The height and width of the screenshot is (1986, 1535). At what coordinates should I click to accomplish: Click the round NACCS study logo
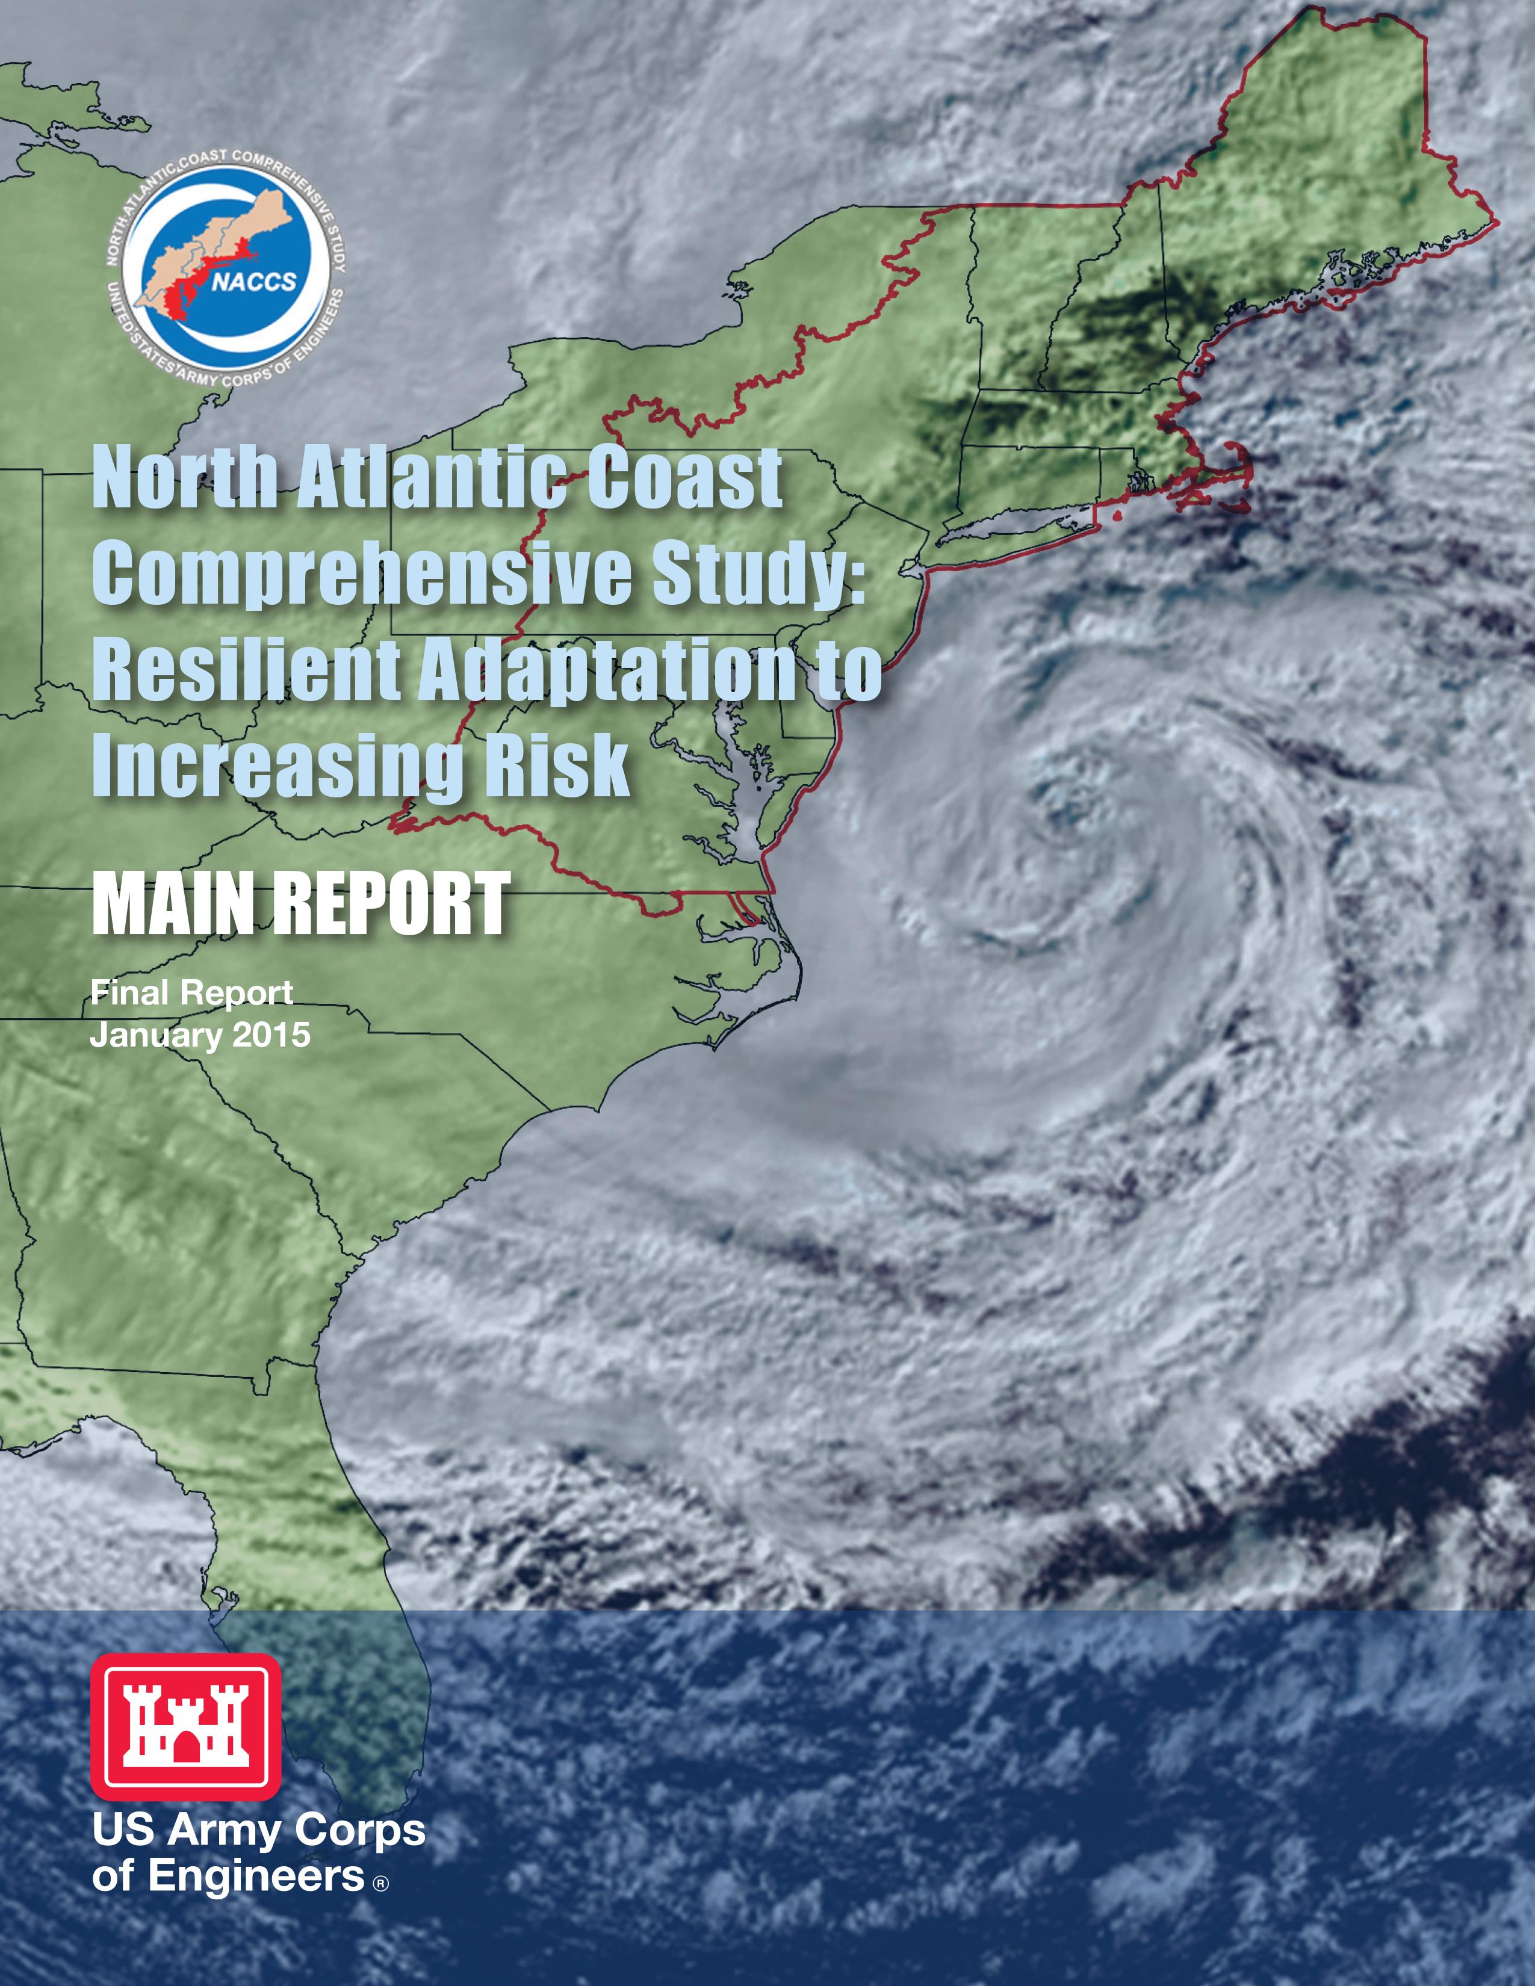[x=226, y=265]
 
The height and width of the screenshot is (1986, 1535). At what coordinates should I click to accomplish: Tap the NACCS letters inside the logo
[x=255, y=281]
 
